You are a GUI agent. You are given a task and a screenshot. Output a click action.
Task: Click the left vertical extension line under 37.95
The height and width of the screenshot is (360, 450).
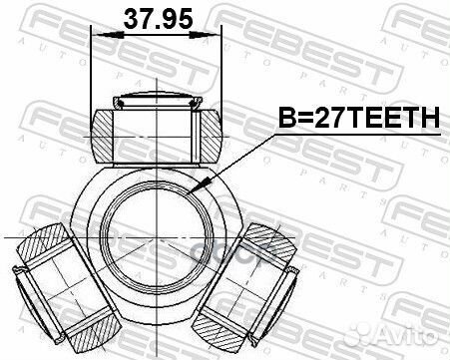[91, 70]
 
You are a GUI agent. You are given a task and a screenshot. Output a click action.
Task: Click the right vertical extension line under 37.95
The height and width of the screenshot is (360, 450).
[219, 70]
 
